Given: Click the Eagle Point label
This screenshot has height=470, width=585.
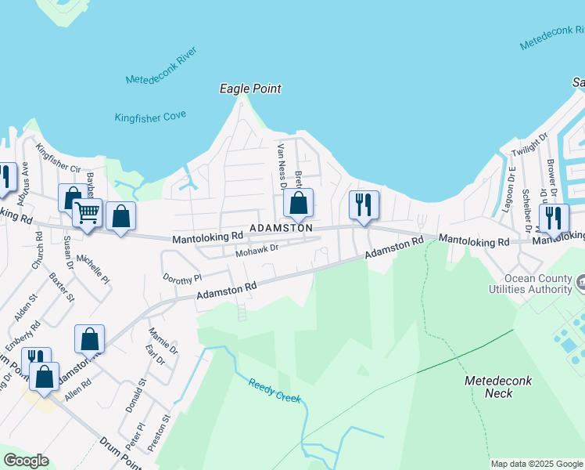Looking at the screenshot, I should point(250,89).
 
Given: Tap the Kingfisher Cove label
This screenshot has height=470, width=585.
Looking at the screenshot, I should point(150,117).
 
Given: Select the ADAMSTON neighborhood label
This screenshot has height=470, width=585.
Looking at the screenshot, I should point(281,228).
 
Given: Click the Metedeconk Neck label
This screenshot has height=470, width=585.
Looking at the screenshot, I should point(498,387).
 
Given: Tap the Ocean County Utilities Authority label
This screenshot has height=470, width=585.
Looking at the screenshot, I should point(540,284).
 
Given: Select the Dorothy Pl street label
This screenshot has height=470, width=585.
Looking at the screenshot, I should point(182,277).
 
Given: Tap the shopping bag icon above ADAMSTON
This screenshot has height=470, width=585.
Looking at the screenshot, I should point(298,203).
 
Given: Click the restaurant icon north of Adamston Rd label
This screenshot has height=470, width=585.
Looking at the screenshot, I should point(364,204).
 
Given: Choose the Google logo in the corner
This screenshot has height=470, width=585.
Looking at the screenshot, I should point(26,461).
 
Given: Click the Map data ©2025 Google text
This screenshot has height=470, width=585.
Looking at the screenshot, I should point(537,464).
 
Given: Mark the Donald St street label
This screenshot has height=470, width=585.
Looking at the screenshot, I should point(135,396).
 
